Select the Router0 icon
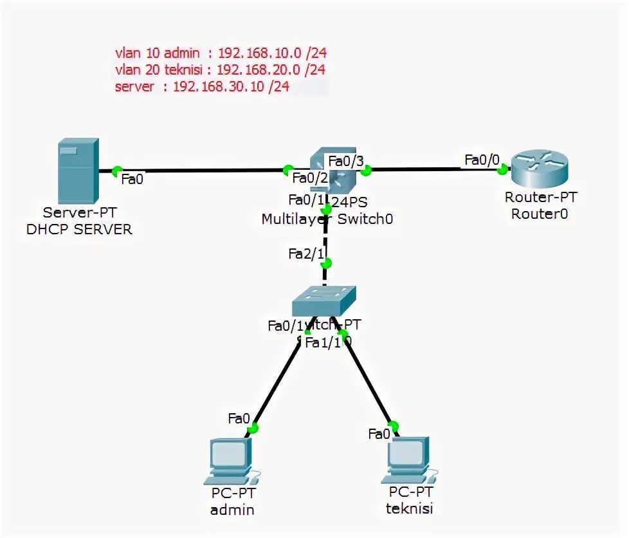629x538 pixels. tap(538, 167)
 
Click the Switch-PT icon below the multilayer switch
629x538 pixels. tap(324, 300)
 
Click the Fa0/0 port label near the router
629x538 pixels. tap(481, 159)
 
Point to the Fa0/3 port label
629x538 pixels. tap(345, 160)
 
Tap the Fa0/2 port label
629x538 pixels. tap(310, 178)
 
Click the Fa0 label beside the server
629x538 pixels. tap(132, 180)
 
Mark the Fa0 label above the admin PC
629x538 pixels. tap(238, 419)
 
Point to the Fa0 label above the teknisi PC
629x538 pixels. tap(379, 433)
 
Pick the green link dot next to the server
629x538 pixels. tap(116, 171)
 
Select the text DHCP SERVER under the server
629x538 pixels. tap(78, 229)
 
